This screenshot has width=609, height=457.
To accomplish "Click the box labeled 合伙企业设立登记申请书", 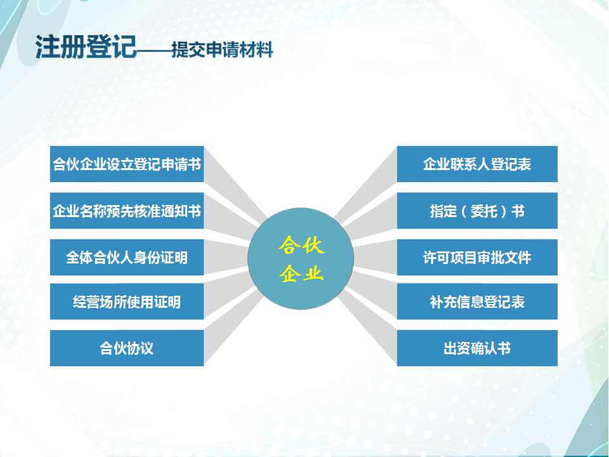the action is click(x=127, y=164).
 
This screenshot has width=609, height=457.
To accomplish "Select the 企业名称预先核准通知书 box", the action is click(x=127, y=211).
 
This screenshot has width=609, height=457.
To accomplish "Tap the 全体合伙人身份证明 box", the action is click(x=127, y=257).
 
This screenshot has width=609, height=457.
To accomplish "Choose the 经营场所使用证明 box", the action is click(x=127, y=301).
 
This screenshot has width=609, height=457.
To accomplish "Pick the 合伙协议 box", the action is click(x=127, y=348).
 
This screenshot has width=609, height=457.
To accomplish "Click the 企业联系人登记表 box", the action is click(x=477, y=164).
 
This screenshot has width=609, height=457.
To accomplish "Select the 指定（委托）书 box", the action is click(x=477, y=211).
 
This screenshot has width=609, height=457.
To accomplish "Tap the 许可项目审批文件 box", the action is click(x=477, y=257).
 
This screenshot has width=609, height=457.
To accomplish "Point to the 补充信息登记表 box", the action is click(x=477, y=301).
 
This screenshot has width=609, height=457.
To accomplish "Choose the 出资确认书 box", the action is click(x=477, y=348).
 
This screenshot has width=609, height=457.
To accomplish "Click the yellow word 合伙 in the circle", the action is click(x=301, y=245).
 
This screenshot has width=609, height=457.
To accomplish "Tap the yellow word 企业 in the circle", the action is click(x=301, y=273).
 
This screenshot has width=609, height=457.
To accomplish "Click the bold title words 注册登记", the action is click(x=86, y=47).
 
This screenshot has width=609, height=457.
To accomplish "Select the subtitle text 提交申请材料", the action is click(x=222, y=50).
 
